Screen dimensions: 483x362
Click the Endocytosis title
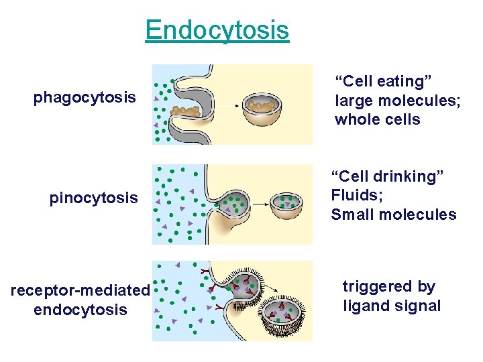point(217,30)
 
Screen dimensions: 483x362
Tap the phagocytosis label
point(85,98)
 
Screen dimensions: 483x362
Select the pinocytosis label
point(93,198)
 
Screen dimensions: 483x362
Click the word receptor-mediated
point(80,290)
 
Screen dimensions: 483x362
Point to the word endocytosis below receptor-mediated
point(80,310)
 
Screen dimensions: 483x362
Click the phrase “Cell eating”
point(383,81)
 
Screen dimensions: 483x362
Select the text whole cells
point(377,120)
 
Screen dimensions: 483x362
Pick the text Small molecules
point(393,215)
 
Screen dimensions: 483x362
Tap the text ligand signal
point(392,306)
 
